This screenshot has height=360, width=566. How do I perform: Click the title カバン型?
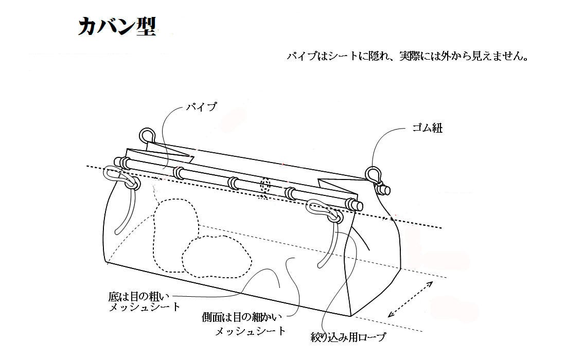click(116, 26)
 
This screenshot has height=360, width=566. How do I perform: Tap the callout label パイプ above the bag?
click(201, 107)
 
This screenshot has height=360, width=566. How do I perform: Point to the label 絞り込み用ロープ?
click(348, 338)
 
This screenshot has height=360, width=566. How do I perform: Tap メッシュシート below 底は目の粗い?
click(145, 307)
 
